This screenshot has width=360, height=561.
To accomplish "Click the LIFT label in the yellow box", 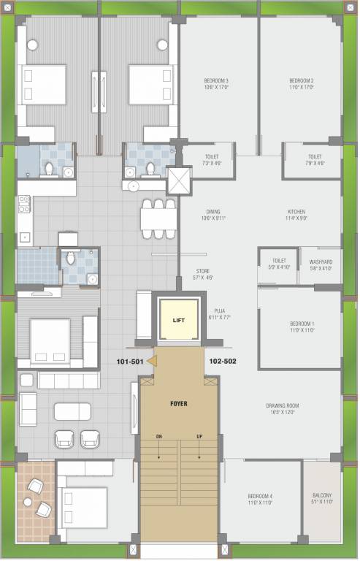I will click(x=179, y=320).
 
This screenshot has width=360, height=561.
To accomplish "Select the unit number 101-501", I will click(x=130, y=361).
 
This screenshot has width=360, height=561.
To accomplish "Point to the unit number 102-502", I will click(x=222, y=361).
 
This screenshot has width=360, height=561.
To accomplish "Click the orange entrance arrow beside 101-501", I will click(x=152, y=360).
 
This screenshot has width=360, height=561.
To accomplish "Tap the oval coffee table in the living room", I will click(x=72, y=411).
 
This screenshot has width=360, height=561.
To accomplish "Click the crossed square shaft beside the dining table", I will click(x=180, y=182).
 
